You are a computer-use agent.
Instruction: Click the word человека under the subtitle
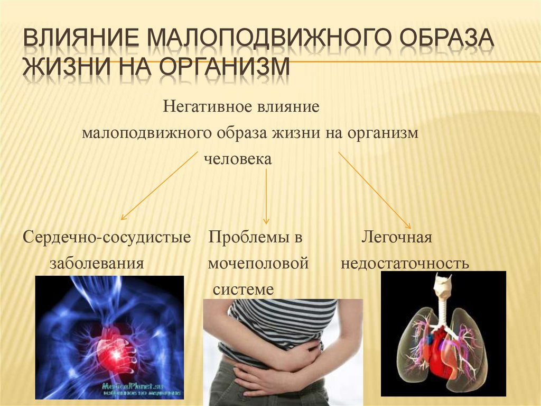point(238,159)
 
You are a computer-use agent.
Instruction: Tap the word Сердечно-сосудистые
point(107,237)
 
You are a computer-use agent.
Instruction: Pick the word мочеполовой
point(258,263)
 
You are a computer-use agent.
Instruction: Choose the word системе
point(243,289)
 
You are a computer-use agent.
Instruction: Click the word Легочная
point(397,237)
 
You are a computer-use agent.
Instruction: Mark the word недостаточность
point(405,263)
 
